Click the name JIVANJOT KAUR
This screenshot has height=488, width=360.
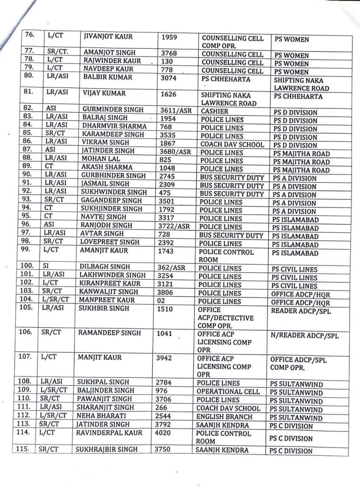pos(108,37)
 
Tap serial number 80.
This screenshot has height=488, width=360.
pos(30,75)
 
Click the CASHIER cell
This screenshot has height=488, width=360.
pos(215,111)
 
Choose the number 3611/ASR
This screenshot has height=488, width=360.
pos(175,111)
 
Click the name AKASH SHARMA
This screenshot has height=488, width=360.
pos(107,167)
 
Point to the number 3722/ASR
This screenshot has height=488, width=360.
pos(174,226)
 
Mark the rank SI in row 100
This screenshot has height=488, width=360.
pos(46,266)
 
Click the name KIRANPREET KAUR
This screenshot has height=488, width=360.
pos(109,284)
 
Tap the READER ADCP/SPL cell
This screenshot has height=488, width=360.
pos(301,311)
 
